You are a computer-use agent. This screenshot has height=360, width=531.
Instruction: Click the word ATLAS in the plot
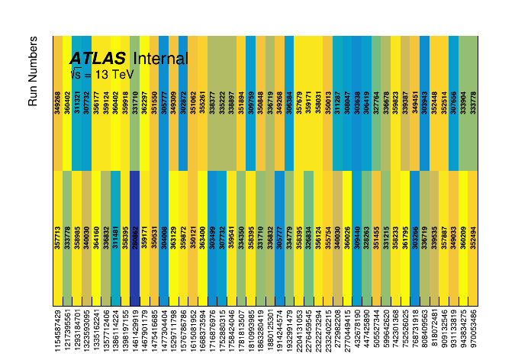pyautogui.click(x=97, y=59)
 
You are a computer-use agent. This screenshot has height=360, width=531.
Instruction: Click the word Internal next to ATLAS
pyautogui.click(x=159, y=59)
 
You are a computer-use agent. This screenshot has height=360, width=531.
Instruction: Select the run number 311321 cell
pyautogui.click(x=77, y=101)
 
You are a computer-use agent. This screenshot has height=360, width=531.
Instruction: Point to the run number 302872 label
pyautogui.click(x=183, y=101)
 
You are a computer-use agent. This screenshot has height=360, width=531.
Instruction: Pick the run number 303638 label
pyautogui.click(x=357, y=101)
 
